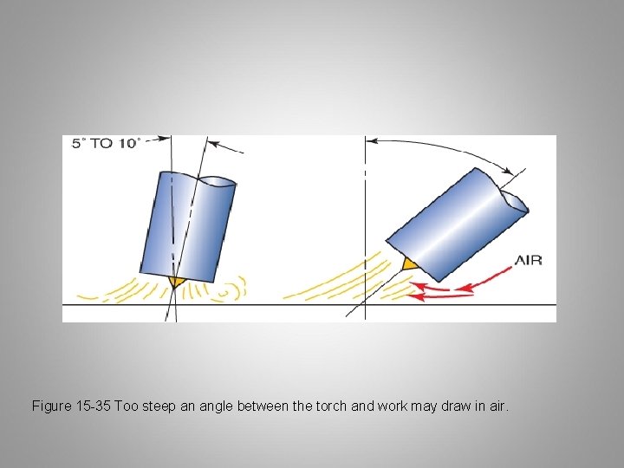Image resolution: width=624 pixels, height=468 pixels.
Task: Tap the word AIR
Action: point(528,261)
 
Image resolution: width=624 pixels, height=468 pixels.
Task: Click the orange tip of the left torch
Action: point(175,282)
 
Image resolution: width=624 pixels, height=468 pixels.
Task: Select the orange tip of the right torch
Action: point(409,264)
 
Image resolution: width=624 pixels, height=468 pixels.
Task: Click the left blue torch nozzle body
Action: point(188,227)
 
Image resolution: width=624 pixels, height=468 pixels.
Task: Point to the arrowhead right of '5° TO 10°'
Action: point(165,139)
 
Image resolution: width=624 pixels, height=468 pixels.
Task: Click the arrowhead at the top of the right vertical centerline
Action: point(371,141)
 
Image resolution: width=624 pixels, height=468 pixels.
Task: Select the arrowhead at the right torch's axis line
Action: point(507,171)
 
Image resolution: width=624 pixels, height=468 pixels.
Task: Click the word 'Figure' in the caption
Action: point(50,406)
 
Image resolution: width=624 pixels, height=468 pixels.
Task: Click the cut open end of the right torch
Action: point(515,202)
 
